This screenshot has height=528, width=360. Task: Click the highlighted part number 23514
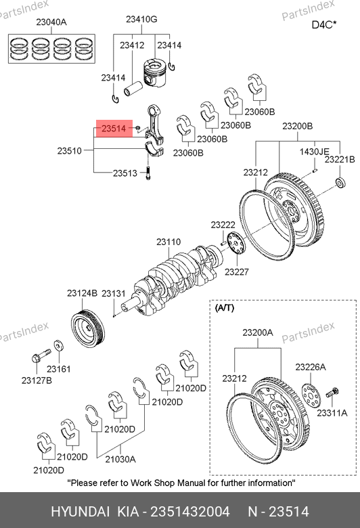(x=114, y=129)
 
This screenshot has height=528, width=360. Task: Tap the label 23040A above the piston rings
(x=51, y=22)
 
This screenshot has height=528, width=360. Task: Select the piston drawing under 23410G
(x=154, y=72)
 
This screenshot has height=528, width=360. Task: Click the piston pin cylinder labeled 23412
(x=133, y=89)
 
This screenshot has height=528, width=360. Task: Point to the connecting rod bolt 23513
(x=148, y=173)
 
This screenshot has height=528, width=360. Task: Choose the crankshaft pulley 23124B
(x=88, y=328)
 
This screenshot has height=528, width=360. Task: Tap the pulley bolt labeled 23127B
(x=41, y=355)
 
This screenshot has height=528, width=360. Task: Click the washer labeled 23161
(x=59, y=346)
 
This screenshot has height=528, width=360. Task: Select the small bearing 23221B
(x=341, y=182)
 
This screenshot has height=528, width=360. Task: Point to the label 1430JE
(x=314, y=152)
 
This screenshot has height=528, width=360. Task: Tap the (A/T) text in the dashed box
(x=224, y=308)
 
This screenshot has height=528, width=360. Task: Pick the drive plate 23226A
(x=311, y=395)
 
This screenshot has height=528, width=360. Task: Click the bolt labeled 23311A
(x=332, y=393)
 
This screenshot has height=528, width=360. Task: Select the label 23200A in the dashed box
(x=258, y=332)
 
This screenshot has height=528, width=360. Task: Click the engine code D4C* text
(x=324, y=25)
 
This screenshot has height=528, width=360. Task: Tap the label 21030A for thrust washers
(x=120, y=459)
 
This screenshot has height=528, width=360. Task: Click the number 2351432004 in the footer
(x=190, y=512)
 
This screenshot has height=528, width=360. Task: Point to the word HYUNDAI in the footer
(x=80, y=512)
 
